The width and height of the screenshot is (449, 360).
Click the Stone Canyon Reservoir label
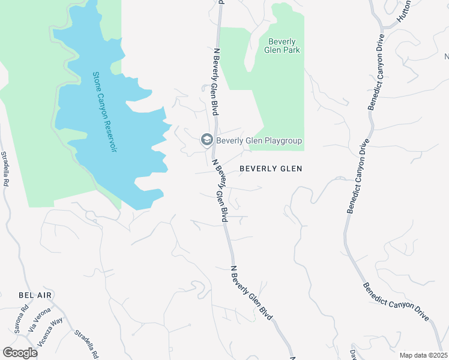103,112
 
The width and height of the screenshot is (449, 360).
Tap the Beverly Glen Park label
282,46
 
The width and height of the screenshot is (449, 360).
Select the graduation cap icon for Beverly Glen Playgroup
207,140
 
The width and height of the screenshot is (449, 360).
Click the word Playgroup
282,141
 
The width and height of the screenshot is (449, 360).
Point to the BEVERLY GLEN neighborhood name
271,169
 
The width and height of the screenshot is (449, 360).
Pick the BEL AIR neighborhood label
35,296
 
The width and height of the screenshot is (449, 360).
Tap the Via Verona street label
38,321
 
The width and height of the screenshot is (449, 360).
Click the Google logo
20,353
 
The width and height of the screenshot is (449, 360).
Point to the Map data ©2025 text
423,355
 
